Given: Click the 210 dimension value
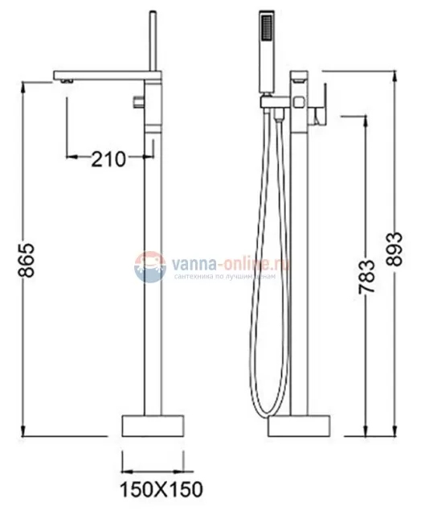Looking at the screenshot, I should click(x=108, y=159).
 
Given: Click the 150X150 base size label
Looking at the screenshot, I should click(x=161, y=488).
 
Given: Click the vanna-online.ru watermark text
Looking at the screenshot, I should click(x=230, y=262).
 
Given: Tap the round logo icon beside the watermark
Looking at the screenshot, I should click(x=149, y=266).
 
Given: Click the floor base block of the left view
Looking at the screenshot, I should click(x=153, y=425).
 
